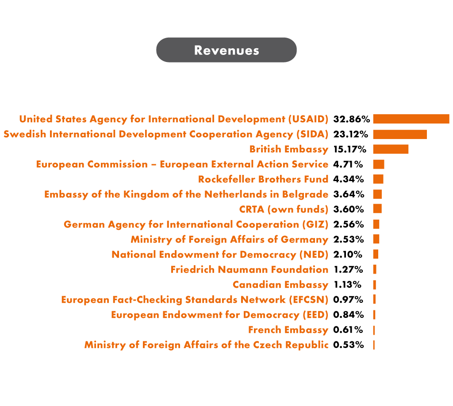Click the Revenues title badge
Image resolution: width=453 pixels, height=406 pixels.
(x=226, y=50)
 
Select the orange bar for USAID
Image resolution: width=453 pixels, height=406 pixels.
(x=411, y=119)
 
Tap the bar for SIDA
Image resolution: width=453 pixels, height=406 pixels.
(x=400, y=134)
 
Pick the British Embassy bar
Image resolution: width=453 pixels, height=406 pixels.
(x=391, y=149)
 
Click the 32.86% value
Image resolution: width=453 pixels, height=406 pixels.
(x=351, y=119)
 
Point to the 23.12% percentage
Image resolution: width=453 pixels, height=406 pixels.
(x=351, y=134)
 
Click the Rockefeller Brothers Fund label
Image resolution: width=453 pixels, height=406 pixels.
(x=263, y=179)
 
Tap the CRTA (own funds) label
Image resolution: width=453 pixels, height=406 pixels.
(x=284, y=209)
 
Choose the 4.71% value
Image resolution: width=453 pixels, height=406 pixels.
(x=348, y=164)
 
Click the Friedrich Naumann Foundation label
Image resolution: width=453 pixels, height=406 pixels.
(x=250, y=270)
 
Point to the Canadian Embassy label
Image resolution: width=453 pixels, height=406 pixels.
(x=280, y=285)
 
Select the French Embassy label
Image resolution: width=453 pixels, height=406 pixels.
(x=288, y=330)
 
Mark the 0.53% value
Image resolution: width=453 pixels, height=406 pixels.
(x=349, y=345)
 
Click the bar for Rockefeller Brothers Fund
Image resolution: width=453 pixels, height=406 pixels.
(x=378, y=179)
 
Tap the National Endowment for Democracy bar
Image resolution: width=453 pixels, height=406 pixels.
(x=376, y=255)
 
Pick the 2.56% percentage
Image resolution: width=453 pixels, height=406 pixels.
(x=349, y=224)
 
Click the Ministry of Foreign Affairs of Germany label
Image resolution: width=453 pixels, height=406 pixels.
(x=229, y=240)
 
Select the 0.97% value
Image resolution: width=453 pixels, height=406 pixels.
(x=349, y=300)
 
